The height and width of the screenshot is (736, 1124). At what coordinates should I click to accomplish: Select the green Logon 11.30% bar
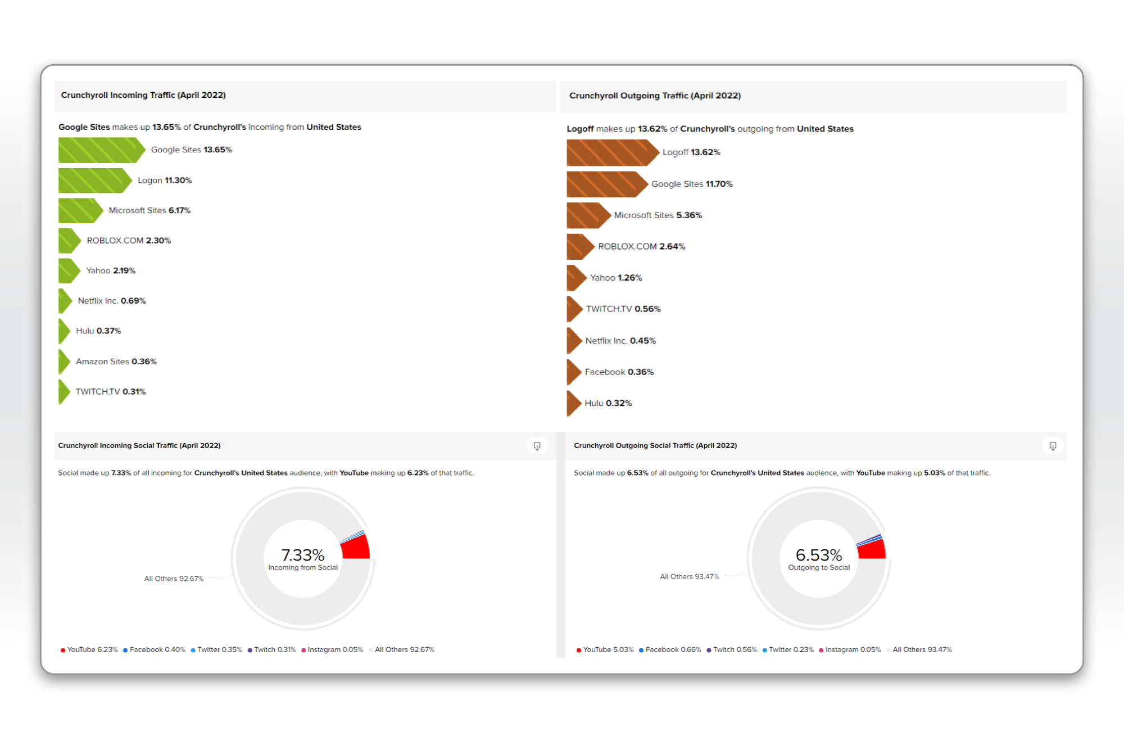pyautogui.click(x=93, y=180)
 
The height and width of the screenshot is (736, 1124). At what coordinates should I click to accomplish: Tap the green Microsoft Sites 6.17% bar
pyautogui.click(x=79, y=211)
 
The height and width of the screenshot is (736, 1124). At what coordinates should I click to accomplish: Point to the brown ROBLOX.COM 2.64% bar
pyautogui.click(x=579, y=247)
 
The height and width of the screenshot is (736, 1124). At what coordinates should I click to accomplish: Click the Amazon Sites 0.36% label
pyautogui.click(x=116, y=362)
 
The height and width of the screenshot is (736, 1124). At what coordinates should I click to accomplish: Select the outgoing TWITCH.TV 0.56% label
pyautogui.click(x=623, y=309)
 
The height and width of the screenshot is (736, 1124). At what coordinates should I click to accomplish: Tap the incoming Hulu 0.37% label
pyautogui.click(x=98, y=331)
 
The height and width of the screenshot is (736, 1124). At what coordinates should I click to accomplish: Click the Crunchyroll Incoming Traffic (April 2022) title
pyautogui.click(x=143, y=96)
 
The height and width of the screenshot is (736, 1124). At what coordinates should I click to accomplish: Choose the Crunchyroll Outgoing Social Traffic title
pyautogui.click(x=655, y=446)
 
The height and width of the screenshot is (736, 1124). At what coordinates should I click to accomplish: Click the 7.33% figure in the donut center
pyautogui.click(x=303, y=555)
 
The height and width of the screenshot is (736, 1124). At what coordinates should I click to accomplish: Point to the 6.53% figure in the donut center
pyautogui.click(x=819, y=555)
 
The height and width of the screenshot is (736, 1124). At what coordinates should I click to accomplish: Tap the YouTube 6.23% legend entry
pyautogui.click(x=89, y=650)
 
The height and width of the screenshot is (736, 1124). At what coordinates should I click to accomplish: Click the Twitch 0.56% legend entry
pyautogui.click(x=732, y=650)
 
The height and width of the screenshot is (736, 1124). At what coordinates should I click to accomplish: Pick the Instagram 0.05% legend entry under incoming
pyautogui.click(x=332, y=650)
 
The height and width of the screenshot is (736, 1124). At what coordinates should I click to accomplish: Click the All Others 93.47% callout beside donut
pyautogui.click(x=689, y=577)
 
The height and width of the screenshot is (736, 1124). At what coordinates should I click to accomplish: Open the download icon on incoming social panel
pyautogui.click(x=537, y=446)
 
